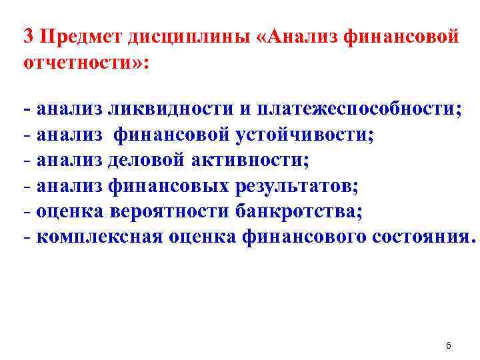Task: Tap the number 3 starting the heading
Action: point(27,37)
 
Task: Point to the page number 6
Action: point(448,346)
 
